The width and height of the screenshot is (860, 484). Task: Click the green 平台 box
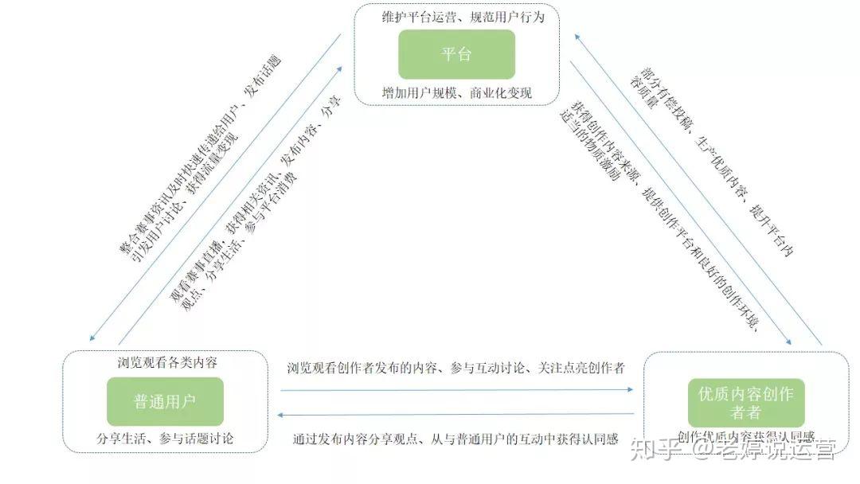[456, 54]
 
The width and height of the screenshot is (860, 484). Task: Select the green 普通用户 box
[165, 401]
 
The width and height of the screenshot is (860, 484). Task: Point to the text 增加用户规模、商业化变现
[457, 93]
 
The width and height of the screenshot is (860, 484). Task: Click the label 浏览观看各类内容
[167, 362]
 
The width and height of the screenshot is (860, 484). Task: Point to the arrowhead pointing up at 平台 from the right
[579, 36]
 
